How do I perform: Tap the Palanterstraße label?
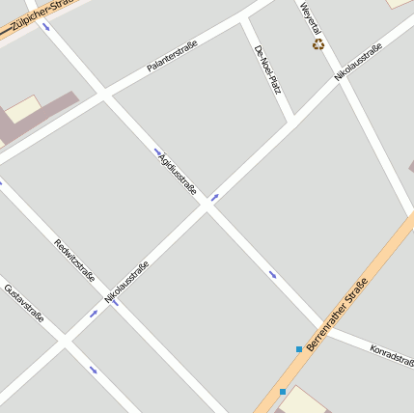[x=166, y=56]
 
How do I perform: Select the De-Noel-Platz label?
[x=267, y=69]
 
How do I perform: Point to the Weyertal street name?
[x=308, y=18]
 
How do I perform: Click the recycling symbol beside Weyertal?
[x=317, y=43]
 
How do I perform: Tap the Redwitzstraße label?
[x=75, y=260]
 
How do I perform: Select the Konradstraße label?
[x=392, y=354]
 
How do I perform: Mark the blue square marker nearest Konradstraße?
[x=299, y=348]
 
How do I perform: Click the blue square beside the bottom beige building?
[x=282, y=392]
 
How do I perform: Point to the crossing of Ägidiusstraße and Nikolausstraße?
[x=207, y=206]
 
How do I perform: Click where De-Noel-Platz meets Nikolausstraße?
[x=292, y=122]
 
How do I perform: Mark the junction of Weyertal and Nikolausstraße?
[x=337, y=80]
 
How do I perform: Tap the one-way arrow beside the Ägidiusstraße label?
[x=157, y=151]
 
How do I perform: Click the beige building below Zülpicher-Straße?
[x=23, y=108]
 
